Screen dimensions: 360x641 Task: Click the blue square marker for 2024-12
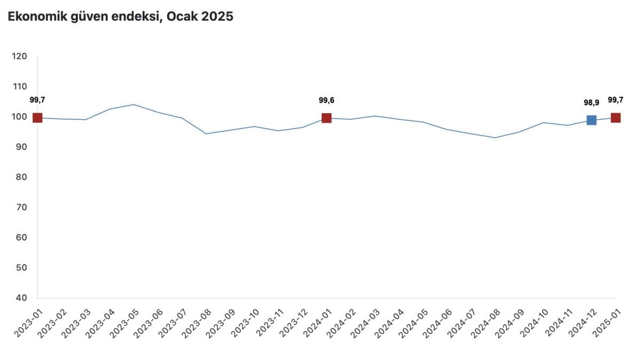tap(591, 120)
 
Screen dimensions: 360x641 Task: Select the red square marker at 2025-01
tap(615, 118)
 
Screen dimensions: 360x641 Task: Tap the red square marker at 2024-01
tap(326, 118)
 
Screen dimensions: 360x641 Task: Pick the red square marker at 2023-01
tap(37, 118)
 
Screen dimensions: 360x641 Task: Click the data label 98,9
tap(591, 103)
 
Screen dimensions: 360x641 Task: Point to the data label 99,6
tap(326, 100)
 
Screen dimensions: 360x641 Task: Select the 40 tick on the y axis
tap(21, 298)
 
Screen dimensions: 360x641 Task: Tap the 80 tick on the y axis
tap(21, 177)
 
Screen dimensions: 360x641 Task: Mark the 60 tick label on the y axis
tap(21, 237)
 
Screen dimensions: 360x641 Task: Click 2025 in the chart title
tap(217, 17)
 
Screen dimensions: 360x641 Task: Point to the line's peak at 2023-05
tap(134, 105)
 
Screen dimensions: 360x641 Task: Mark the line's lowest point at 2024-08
tap(495, 138)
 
